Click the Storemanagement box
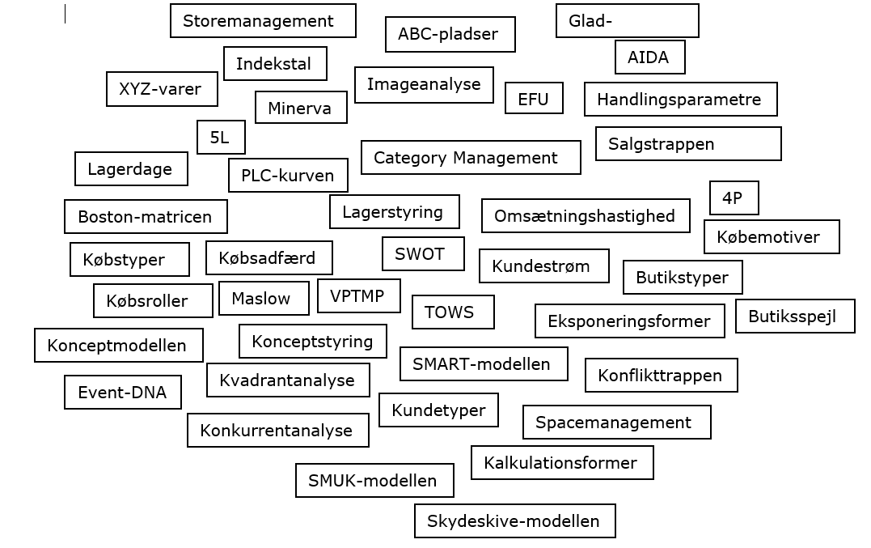[263, 21]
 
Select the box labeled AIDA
[650, 57]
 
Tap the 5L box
[221, 138]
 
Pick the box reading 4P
[734, 198]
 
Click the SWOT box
[423, 254]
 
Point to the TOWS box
[453, 312]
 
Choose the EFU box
[534, 99]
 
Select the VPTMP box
[359, 296]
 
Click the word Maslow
[261, 299]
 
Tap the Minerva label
[299, 108]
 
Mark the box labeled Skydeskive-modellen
[515, 520]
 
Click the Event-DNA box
[123, 393]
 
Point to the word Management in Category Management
[505, 158]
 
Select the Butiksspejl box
[795, 316]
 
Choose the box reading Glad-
[627, 21]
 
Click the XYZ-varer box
[163, 89]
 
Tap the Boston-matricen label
[145, 217]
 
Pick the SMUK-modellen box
[374, 480]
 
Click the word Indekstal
[273, 64]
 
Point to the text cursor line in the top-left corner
[65, 14]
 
